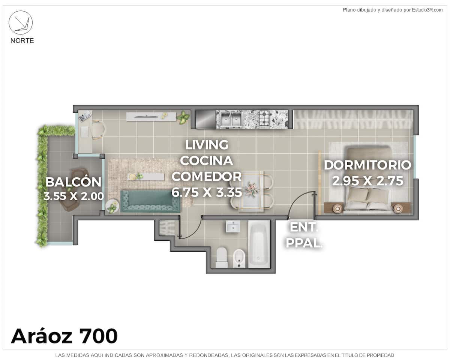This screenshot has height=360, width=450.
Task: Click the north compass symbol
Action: click(21, 22)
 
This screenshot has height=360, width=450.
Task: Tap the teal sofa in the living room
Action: click(150, 201)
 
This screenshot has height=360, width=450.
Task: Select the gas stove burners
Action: click(265, 118)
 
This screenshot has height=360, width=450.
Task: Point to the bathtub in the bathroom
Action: click(259, 244)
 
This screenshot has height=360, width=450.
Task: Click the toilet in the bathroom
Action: click(222, 258)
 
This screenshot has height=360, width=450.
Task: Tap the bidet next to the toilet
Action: click(239, 258)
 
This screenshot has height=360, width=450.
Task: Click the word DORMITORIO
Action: click(367, 165)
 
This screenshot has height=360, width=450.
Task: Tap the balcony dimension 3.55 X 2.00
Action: click(73, 196)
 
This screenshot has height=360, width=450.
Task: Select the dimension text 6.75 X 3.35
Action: click(207, 192)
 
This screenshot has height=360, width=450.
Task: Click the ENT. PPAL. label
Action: click(304, 235)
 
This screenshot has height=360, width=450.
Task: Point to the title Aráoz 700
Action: click(64, 336)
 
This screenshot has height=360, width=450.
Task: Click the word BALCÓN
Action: click(73, 182)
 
